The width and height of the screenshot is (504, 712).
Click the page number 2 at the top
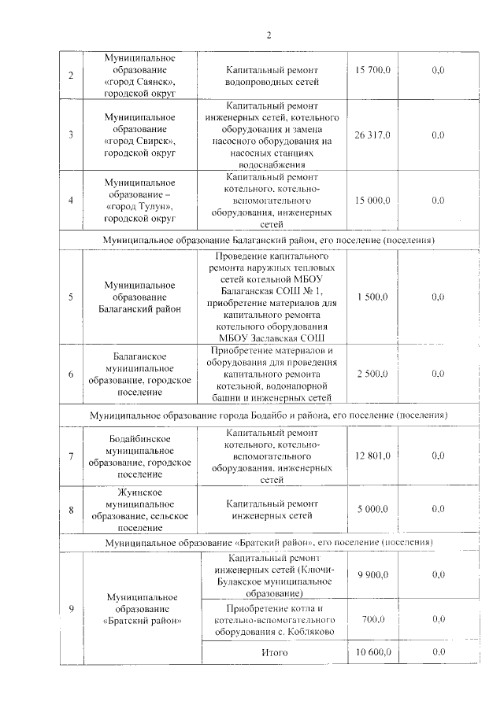268,35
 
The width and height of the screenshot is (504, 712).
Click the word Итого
275,653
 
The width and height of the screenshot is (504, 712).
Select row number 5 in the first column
72,297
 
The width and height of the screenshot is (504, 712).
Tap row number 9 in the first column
72,608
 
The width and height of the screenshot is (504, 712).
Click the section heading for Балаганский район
269,239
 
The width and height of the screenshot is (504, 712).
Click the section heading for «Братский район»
269,543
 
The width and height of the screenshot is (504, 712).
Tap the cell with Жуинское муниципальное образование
141,509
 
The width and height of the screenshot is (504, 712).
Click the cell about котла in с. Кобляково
275,620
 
